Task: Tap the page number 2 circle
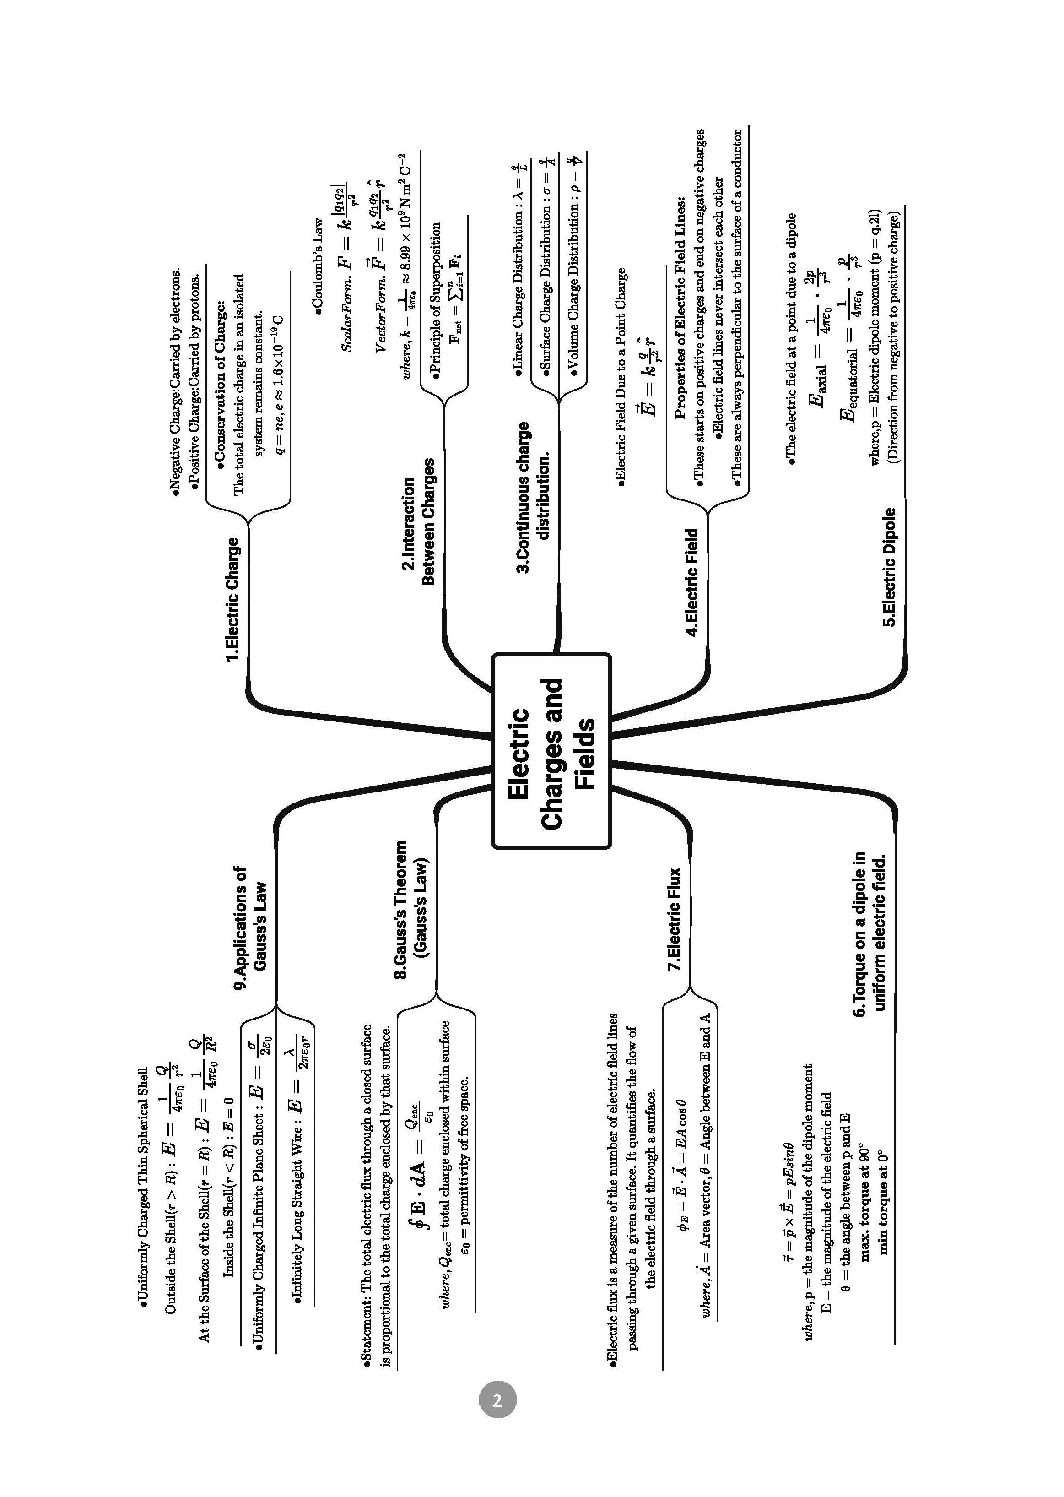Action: [497, 1401]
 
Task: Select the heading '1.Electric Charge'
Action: [232, 600]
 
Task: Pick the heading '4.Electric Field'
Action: [692, 582]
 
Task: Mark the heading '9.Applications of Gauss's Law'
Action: [251, 928]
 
